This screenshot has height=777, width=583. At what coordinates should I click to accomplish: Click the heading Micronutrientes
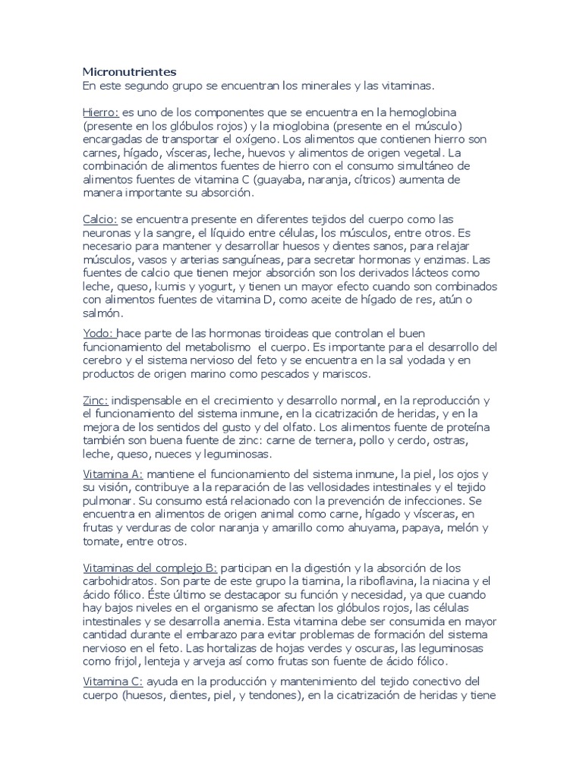(x=129, y=72)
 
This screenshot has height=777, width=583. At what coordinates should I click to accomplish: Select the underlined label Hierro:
(x=100, y=112)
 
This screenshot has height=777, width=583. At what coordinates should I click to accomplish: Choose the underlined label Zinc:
(x=96, y=400)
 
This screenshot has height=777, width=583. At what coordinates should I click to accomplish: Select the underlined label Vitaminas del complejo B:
(x=150, y=568)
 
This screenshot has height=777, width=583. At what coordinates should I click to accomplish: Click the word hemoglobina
(x=441, y=112)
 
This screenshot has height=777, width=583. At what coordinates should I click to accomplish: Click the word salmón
(x=103, y=313)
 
